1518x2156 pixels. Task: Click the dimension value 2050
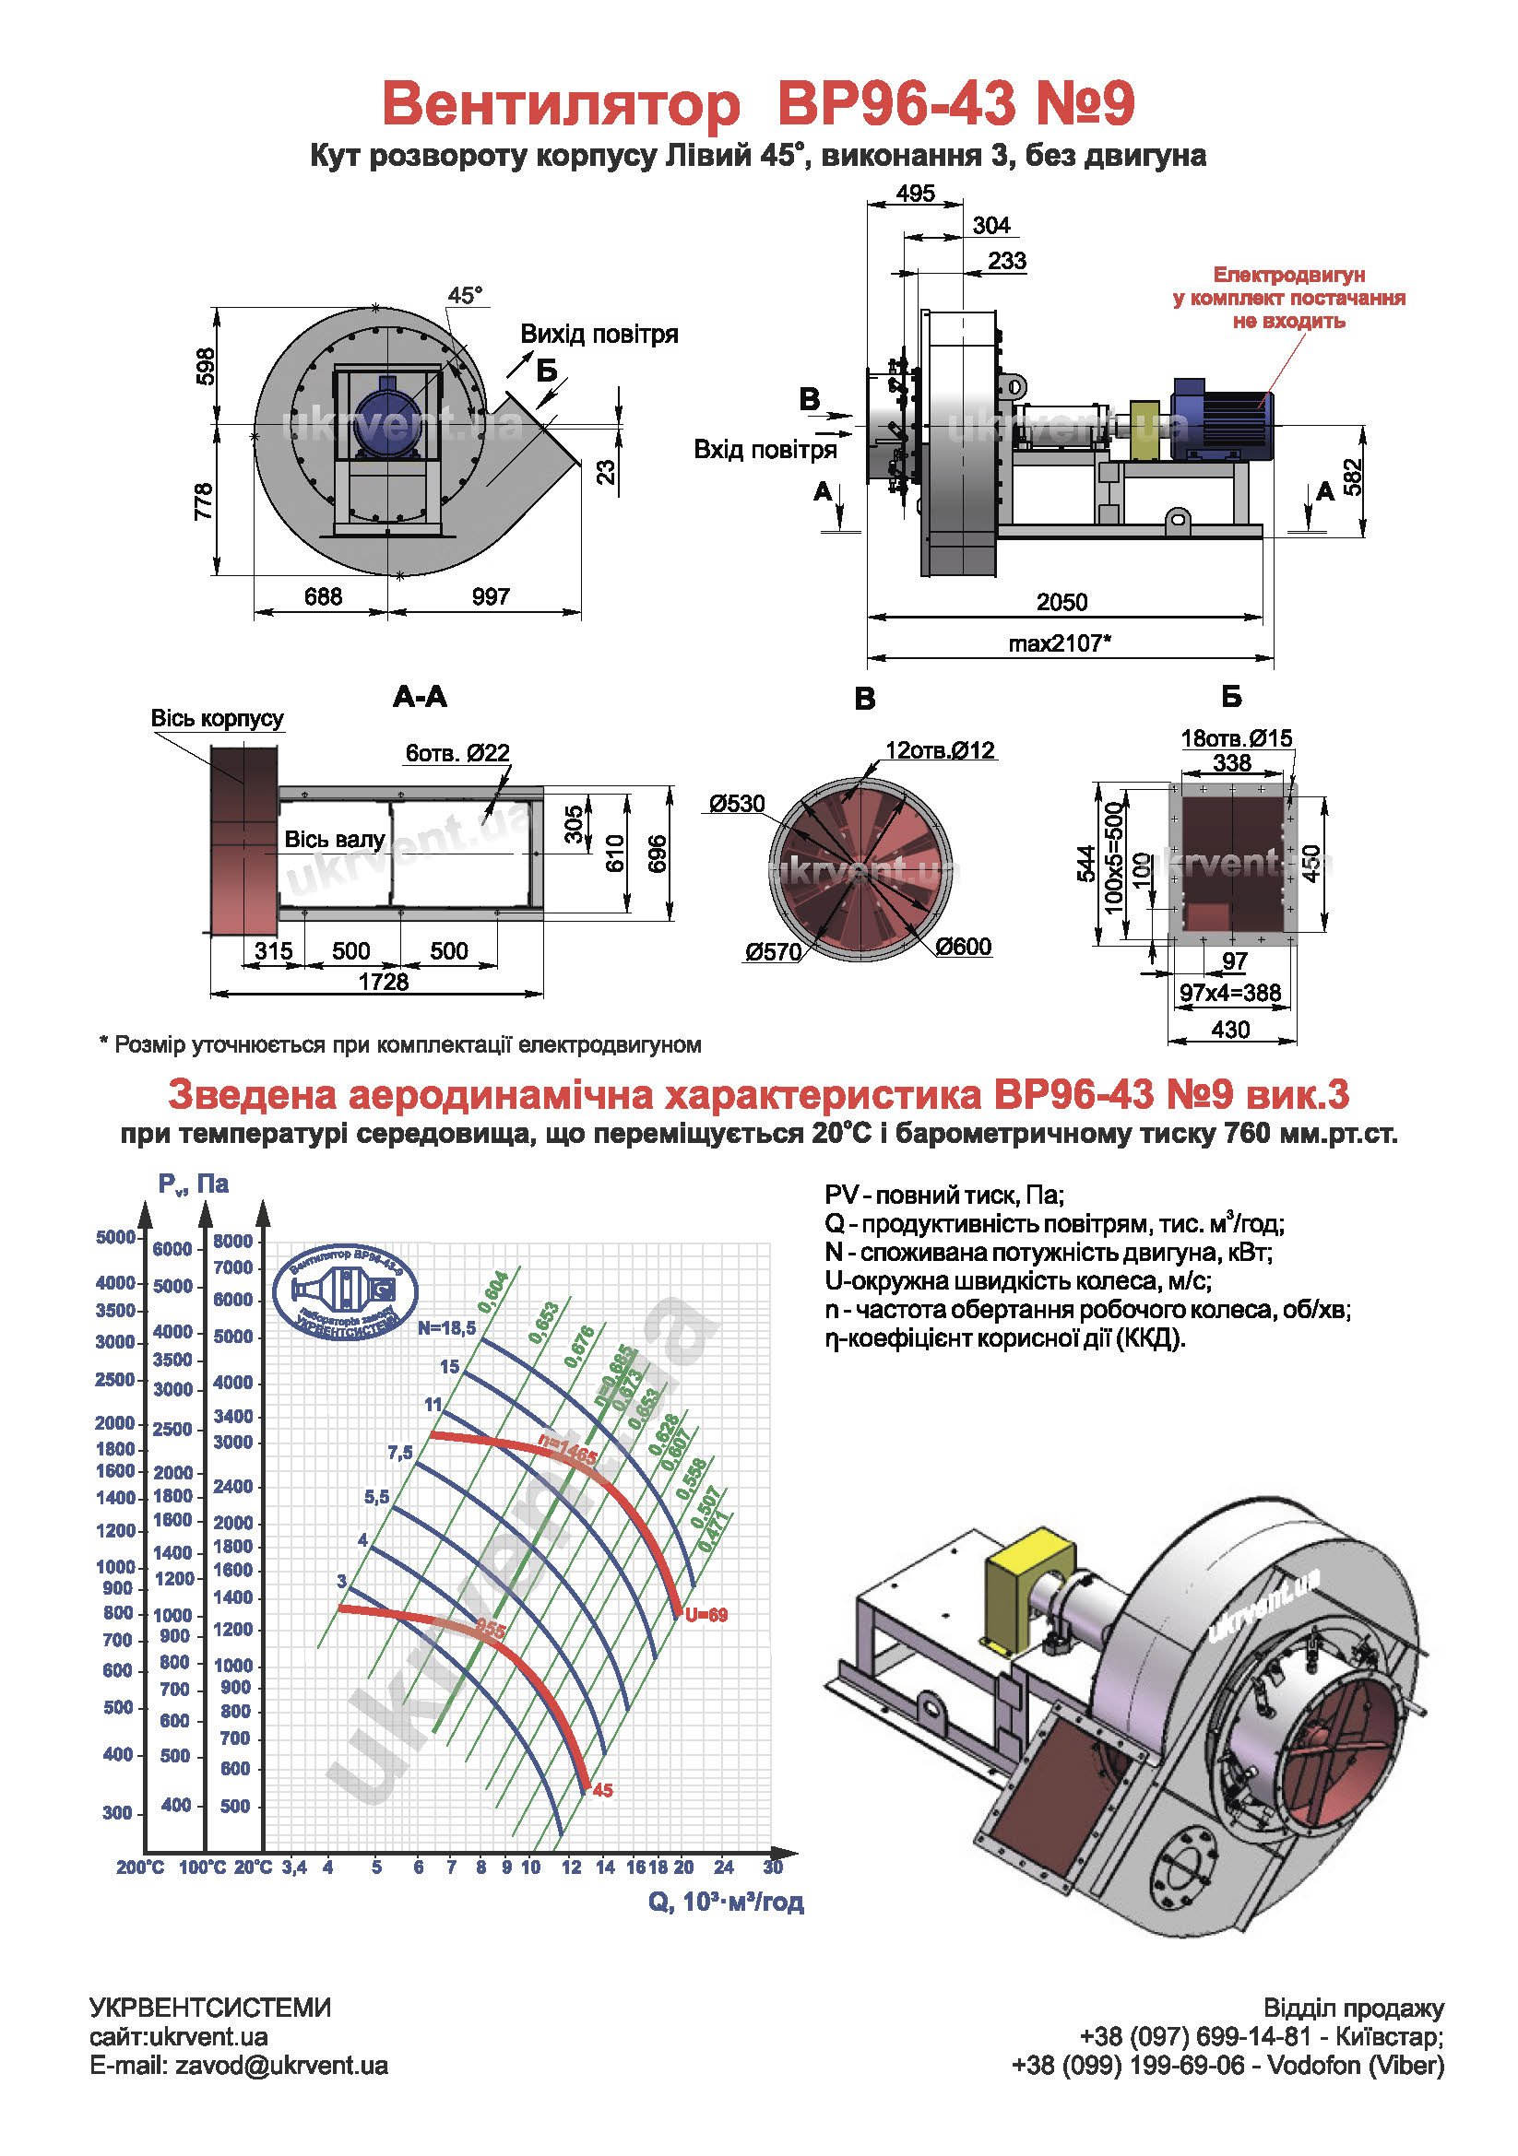(x=1061, y=602)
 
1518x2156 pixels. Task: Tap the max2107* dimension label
(x=1060, y=644)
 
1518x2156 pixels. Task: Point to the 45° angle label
(x=464, y=296)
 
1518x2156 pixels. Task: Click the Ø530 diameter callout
(x=738, y=804)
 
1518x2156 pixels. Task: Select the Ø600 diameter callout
(x=963, y=947)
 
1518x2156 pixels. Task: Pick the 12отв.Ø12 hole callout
(x=940, y=750)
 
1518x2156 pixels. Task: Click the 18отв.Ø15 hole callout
(x=1236, y=738)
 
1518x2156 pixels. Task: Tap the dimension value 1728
(x=384, y=982)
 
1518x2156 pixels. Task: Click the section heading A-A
(x=420, y=697)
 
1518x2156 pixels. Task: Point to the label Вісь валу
(x=335, y=840)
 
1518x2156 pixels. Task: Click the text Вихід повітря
(x=599, y=335)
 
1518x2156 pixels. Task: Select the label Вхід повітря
(x=765, y=450)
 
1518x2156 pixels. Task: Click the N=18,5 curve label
(x=446, y=1327)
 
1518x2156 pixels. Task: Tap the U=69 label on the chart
(x=706, y=1615)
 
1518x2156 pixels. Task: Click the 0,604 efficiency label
(x=493, y=1293)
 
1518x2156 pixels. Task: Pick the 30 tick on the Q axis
(x=772, y=1867)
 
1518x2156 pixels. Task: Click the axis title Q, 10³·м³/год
(x=725, y=1902)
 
